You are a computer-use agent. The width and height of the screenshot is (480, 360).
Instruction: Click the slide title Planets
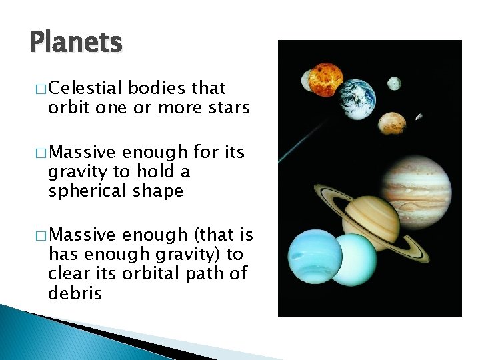coord(76,43)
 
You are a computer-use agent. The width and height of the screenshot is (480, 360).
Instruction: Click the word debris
coord(75,293)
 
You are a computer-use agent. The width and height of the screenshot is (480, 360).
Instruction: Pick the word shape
coord(158,191)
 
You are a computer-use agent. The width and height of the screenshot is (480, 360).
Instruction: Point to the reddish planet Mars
coord(391,123)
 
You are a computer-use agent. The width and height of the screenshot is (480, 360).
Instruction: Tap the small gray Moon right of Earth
coord(395,83)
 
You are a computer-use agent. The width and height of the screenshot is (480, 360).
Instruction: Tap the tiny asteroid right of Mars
coord(419,117)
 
